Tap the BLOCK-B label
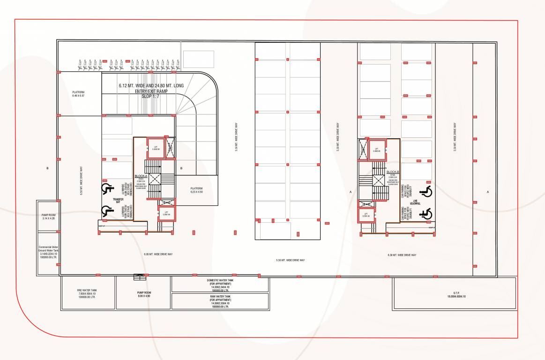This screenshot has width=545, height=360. click(393, 172)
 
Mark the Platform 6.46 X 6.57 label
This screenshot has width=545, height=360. click(78, 94)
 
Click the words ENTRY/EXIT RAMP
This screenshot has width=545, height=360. click(151, 91)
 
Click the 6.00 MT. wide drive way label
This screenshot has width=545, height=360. click(158, 254)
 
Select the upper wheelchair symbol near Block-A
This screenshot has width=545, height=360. click(107, 189)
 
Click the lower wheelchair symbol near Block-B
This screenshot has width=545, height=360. click(426, 214)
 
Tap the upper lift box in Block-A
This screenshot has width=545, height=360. click(156, 148)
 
